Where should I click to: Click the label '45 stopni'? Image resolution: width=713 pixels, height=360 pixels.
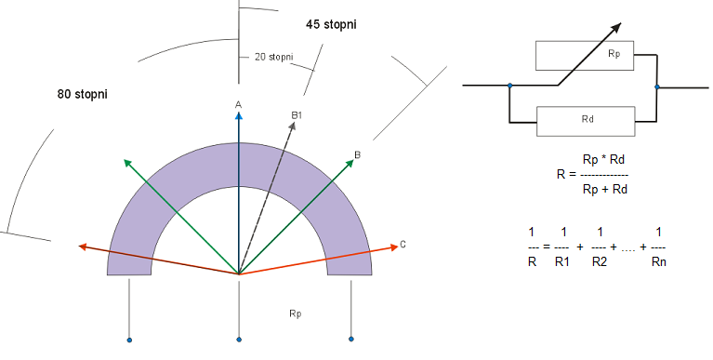click(331, 24)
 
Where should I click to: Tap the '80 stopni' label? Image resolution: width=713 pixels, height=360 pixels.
click(83, 94)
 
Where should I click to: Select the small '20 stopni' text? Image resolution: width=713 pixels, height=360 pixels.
click(273, 57)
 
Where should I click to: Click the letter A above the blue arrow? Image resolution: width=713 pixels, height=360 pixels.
click(238, 105)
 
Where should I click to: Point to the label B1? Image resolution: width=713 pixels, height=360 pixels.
click(297, 115)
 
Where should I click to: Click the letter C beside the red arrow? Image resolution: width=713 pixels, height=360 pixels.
click(403, 245)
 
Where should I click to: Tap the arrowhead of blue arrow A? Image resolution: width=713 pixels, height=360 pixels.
click(239, 115)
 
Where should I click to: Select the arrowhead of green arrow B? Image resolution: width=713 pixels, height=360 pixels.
click(350, 164)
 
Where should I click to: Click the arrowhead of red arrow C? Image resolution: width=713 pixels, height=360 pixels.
click(394, 247)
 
